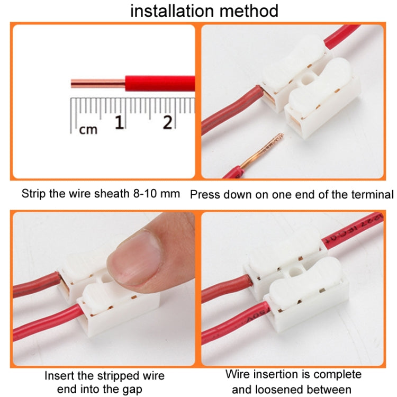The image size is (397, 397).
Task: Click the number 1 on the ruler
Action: tap(120, 123)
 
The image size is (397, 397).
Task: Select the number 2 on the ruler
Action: tap(167, 123)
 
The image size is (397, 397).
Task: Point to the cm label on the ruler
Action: tap(88, 129)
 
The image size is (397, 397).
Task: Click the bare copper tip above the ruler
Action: tap(97, 83)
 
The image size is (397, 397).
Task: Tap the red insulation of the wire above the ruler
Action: tap(159, 83)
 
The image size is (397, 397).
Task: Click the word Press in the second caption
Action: tap(204, 194)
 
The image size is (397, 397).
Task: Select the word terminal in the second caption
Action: tap(373, 194)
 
